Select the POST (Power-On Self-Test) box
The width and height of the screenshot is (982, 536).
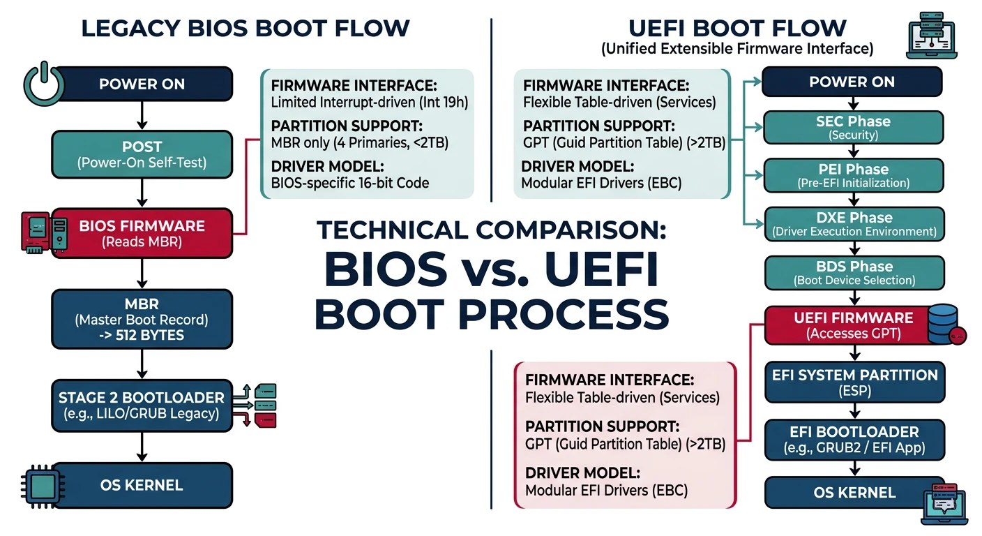[142, 154]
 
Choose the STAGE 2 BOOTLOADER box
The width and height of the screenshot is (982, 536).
[142, 405]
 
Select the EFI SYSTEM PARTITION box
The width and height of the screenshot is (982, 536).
[854, 382]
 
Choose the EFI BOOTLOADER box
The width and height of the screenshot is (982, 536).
[854, 439]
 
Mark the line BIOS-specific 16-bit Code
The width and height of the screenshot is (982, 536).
[350, 183]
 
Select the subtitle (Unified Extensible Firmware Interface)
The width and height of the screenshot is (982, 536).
[737, 49]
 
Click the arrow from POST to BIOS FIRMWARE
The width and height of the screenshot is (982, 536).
[142, 192]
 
